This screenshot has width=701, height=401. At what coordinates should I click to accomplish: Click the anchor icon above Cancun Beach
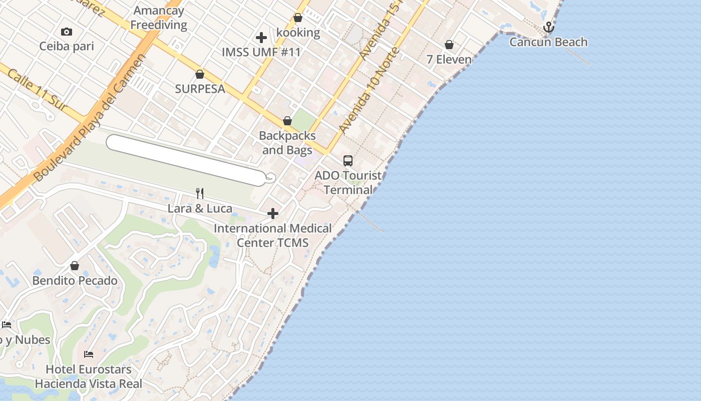pyautogui.click(x=549, y=27)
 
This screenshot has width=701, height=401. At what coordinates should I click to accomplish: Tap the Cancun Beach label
pyautogui.click(x=548, y=42)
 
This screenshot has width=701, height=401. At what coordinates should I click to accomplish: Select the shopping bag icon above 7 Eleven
pyautogui.click(x=449, y=45)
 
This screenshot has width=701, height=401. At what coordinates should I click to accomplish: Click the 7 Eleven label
pyautogui.click(x=449, y=60)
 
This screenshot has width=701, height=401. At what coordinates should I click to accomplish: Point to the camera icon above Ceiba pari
pyautogui.click(x=66, y=32)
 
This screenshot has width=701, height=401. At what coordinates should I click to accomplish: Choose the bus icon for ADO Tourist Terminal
pyautogui.click(x=348, y=161)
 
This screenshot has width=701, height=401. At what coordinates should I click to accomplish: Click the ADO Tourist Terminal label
pyautogui.click(x=348, y=183)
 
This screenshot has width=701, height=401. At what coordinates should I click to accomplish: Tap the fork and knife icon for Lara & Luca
pyautogui.click(x=200, y=193)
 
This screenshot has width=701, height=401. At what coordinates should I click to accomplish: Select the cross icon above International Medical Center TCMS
pyautogui.click(x=273, y=214)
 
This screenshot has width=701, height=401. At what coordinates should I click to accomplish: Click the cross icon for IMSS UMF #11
pyautogui.click(x=261, y=38)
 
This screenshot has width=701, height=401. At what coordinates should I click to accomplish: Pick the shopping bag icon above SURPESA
pyautogui.click(x=200, y=74)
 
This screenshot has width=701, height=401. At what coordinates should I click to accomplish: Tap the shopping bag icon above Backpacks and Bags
pyautogui.click(x=287, y=121)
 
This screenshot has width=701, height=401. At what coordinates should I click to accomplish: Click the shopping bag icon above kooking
pyautogui.click(x=298, y=18)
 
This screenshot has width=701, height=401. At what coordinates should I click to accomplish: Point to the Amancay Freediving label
pyautogui.click(x=159, y=18)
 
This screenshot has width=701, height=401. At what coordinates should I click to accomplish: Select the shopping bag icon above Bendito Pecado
pyautogui.click(x=75, y=266)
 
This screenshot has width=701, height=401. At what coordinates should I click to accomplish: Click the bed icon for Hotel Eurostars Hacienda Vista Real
pyautogui.click(x=89, y=354)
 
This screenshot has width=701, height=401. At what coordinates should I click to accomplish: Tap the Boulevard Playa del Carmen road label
pyautogui.click(x=90, y=118)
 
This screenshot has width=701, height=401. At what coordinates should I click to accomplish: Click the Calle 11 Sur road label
pyautogui.click(x=37, y=89)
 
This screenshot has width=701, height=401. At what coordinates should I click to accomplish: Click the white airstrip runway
pyautogui.click(x=185, y=160)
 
